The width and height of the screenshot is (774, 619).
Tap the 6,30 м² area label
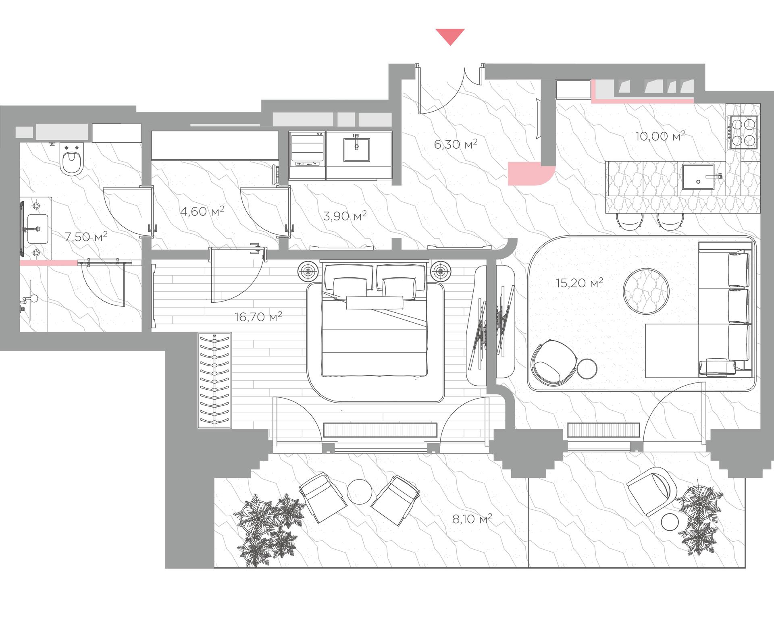tap(456, 144)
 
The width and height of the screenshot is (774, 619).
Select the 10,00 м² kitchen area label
tap(660, 136)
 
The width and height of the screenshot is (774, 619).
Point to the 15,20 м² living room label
tap(579, 282)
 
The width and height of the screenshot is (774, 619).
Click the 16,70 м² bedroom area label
tap(258, 316)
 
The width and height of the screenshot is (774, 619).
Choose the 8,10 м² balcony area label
tap(472, 519)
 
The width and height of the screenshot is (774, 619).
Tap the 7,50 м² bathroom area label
tap(86, 236)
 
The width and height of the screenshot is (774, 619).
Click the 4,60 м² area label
tap(202, 211)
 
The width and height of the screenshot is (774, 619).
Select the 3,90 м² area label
tap(345, 216)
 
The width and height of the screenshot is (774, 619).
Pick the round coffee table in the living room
tap(646, 290)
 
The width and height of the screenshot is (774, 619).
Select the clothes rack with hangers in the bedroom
tap(214, 380)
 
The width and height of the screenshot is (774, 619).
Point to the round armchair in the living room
tap(553, 361)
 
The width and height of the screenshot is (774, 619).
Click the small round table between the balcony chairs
tap(360, 491)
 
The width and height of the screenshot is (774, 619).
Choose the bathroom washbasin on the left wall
tap(37, 228)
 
